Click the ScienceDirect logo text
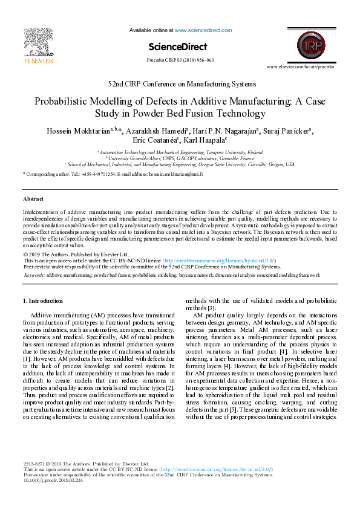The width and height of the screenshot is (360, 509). click(177, 47)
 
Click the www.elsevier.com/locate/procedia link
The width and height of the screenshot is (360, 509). click(309, 67)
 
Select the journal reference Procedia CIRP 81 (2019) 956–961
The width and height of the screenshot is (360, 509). click(180, 60)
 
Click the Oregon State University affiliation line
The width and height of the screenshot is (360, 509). click(180, 164)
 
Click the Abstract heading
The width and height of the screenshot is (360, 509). click(33, 198)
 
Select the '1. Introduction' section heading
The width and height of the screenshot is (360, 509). click(42, 300)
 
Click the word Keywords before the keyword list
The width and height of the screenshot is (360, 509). click(34, 274)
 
